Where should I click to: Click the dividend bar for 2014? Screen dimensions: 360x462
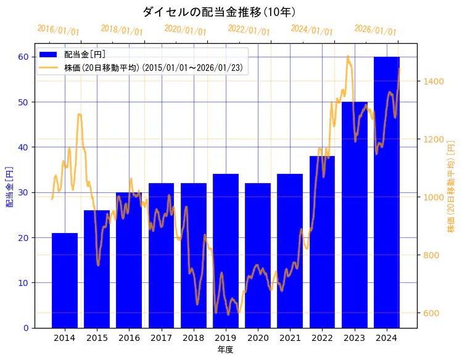tap(65, 280)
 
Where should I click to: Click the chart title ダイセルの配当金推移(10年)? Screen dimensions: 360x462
tap(219, 12)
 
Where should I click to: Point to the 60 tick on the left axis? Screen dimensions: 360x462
tap(23, 57)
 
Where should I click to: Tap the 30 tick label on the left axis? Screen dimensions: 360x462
tap(23, 192)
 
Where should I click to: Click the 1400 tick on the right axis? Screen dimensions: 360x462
tap(434, 81)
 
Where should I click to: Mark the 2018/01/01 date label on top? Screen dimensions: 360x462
tap(122, 30)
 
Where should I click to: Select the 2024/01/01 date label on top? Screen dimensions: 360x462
tap(311, 30)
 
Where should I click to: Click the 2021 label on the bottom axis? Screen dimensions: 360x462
tap(290, 338)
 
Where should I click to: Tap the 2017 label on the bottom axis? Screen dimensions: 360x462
tap(161, 338)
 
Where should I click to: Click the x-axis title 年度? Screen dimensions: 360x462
tap(225, 350)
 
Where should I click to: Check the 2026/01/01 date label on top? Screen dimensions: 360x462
tap(375, 30)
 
